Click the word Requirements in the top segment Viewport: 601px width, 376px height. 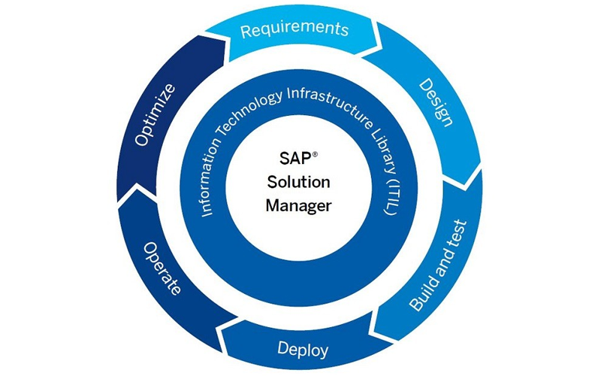click(294, 29)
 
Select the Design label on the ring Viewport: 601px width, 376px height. click(435, 102)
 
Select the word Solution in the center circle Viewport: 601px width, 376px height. click(298, 183)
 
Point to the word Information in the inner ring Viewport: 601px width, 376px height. click(214, 168)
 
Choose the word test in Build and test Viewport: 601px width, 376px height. click(460, 232)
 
